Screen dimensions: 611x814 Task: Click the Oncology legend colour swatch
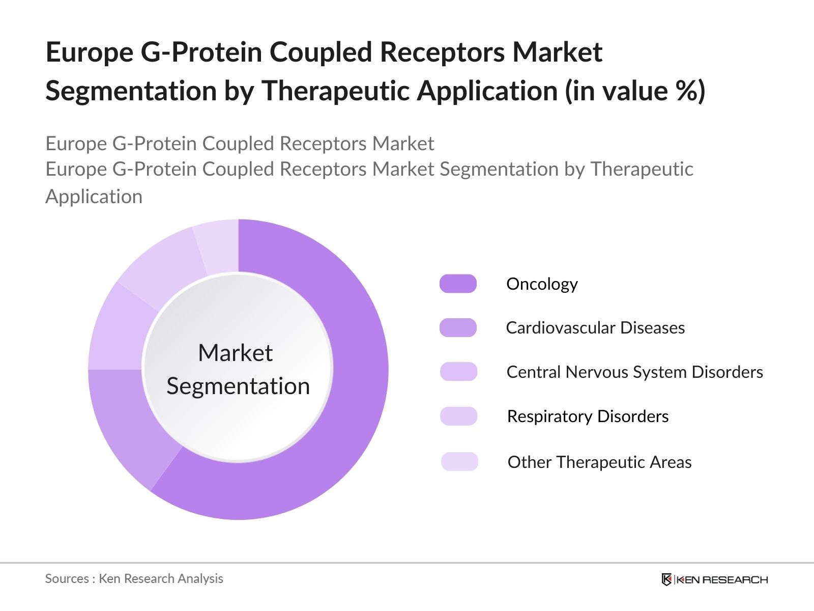[x=458, y=284]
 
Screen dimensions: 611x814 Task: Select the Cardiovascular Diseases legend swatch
[x=458, y=327]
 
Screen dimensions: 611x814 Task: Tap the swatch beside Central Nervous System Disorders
[x=458, y=372]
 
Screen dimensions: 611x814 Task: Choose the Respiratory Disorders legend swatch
[x=458, y=416]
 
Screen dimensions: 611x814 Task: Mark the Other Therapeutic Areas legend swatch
[x=459, y=462]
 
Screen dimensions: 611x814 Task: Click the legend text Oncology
[x=542, y=284]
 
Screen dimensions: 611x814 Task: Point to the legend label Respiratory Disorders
[x=588, y=416]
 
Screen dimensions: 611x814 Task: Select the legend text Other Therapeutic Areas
[x=599, y=462]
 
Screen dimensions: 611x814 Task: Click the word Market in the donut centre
[x=235, y=353]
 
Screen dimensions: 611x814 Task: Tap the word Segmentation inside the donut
[x=238, y=386]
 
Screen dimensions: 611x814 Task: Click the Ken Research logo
[x=714, y=579]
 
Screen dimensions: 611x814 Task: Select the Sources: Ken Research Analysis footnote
[x=134, y=578]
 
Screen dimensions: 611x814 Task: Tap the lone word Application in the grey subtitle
[x=94, y=197]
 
